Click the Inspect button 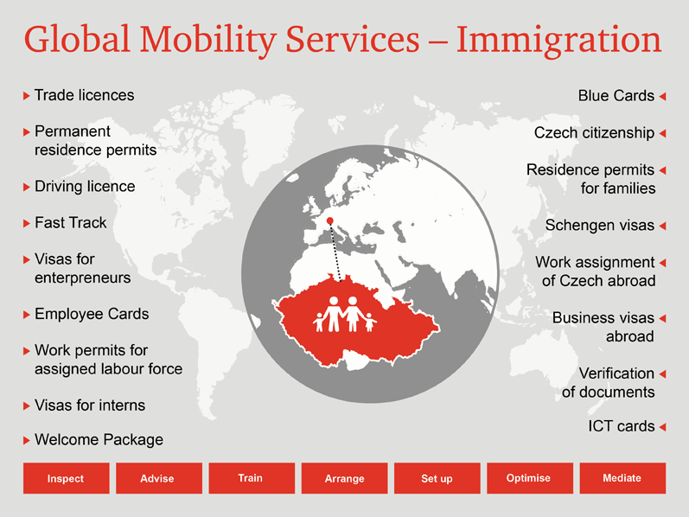67,478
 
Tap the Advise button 159,478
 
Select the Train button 252,478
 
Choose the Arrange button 344,478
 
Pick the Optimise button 530,478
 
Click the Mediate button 622,478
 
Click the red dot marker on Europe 330,220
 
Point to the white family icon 345,314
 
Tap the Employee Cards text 92,314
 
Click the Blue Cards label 616,96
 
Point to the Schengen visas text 600,225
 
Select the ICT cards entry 622,426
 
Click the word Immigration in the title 558,41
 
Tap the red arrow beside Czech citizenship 663,133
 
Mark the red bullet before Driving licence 26,187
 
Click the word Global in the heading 77,39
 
